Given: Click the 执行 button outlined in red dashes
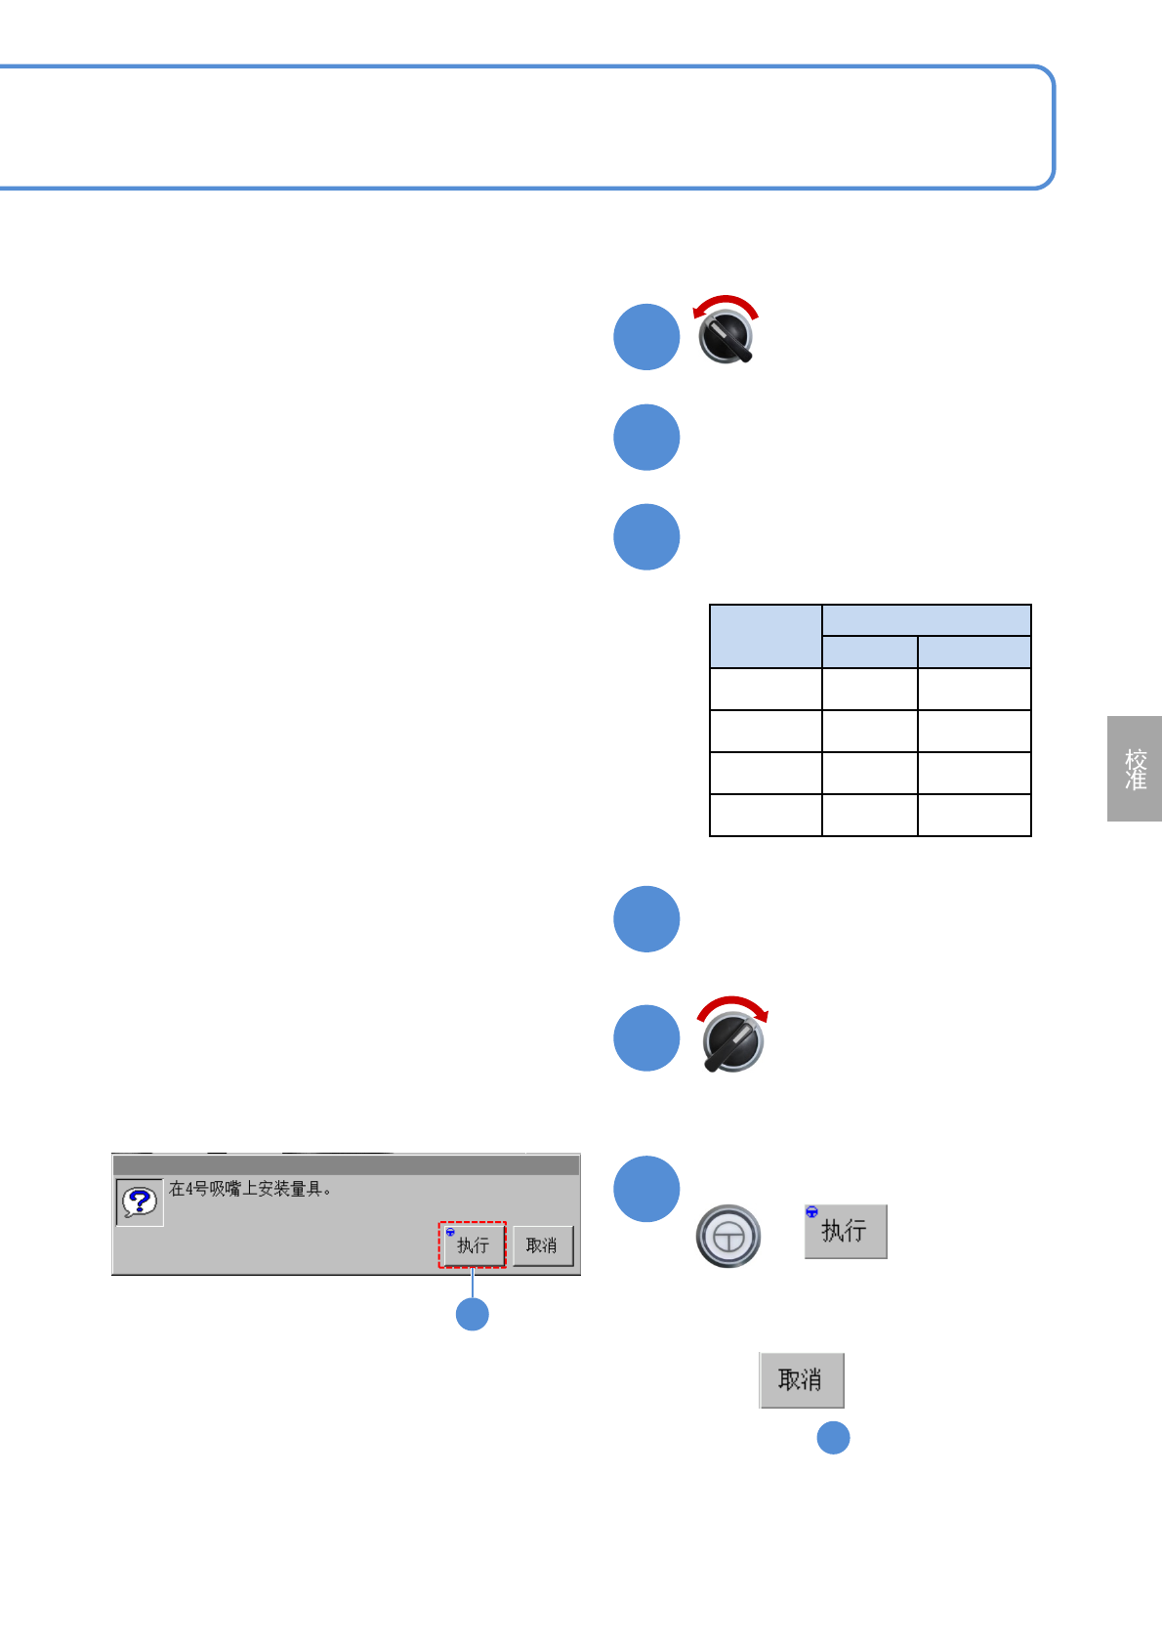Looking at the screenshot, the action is point(473,1244).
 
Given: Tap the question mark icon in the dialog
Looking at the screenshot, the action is point(139,1202).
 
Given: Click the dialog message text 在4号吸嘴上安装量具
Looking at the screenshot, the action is point(250,1189).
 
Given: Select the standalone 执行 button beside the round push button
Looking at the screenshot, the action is point(846,1231).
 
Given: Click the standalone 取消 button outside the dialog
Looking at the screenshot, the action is point(801,1379).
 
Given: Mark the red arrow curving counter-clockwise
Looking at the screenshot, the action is point(725,304).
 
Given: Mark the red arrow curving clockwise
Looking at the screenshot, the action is point(733,1006).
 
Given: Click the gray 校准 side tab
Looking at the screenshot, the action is point(1135,769).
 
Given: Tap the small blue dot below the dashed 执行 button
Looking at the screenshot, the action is point(473,1314).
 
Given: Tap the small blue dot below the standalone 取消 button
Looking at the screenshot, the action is point(833,1438).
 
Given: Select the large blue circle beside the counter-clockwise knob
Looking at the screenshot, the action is point(646,337).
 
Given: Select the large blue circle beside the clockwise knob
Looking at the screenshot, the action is point(646,1038).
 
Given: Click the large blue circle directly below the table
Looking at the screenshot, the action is point(646,919).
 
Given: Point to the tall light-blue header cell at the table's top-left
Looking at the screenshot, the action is point(766,636).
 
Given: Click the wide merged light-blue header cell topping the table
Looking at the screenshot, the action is point(926,620).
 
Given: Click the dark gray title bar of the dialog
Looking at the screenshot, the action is point(347,1165).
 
